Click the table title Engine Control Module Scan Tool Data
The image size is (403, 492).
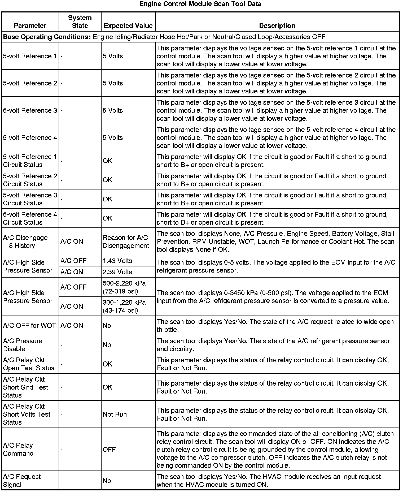200,4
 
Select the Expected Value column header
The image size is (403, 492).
128,26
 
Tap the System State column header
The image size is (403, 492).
80,22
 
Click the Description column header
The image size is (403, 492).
277,26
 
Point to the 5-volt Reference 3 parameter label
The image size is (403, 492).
30,110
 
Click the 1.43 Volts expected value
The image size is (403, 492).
117,261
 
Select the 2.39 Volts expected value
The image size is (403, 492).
117,272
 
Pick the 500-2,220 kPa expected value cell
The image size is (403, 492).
124,287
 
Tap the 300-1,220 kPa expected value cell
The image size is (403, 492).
124,306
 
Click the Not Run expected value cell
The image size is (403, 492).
115,414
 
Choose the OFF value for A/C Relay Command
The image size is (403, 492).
109,450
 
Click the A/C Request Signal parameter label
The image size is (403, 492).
22,481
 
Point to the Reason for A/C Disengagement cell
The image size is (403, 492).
126,241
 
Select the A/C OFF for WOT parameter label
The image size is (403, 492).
29,326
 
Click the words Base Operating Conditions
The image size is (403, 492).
47,37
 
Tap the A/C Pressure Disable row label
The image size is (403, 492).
23,345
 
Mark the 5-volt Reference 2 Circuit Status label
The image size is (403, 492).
30,180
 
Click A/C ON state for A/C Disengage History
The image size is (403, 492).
72,241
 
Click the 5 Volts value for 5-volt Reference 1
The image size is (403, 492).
113,56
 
